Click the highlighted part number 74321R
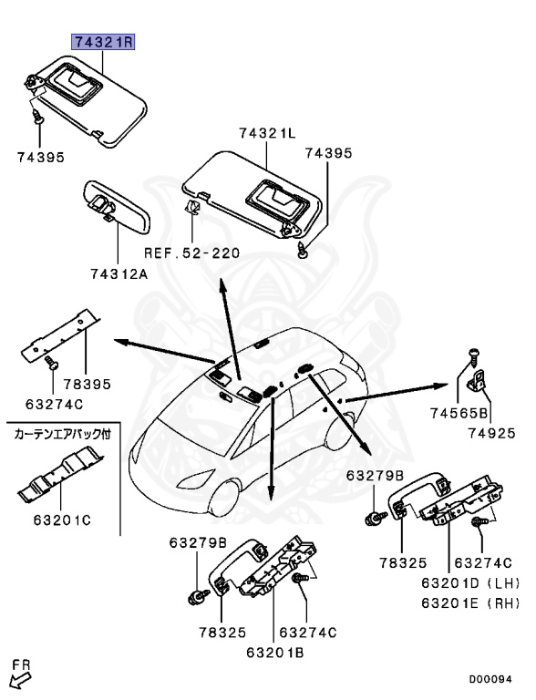click(x=104, y=43)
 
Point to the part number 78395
click(x=87, y=385)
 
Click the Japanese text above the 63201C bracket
click(x=61, y=435)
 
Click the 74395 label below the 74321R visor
click(x=41, y=157)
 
